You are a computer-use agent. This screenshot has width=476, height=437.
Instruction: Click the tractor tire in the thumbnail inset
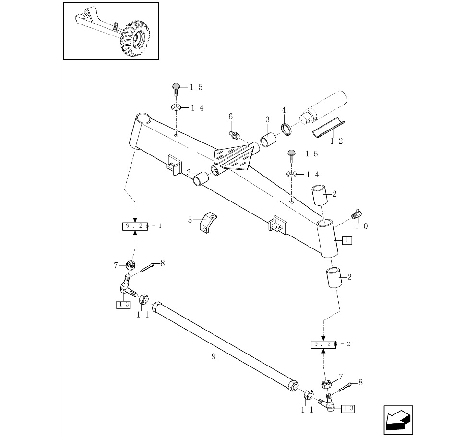pyautogui.click(x=136, y=38)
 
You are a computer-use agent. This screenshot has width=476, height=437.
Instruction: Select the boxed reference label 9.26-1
pyautogui.click(x=136, y=226)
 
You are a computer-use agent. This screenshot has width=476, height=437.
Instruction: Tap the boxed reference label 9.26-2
pyautogui.click(x=324, y=344)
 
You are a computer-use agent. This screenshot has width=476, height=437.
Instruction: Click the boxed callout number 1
pyautogui.click(x=347, y=241)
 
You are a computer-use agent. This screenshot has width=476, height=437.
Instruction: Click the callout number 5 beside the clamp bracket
pyautogui.click(x=190, y=220)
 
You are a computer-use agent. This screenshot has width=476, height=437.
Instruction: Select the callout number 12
pyautogui.click(x=337, y=142)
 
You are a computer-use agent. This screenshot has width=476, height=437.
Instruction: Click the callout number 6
pyautogui.click(x=230, y=117)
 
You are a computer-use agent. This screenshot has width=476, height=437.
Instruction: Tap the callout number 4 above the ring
pyautogui.click(x=284, y=110)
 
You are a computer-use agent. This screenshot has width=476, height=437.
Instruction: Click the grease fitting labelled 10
pyautogui.click(x=357, y=212)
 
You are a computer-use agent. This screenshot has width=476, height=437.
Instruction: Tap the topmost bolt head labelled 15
pyautogui.click(x=176, y=88)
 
